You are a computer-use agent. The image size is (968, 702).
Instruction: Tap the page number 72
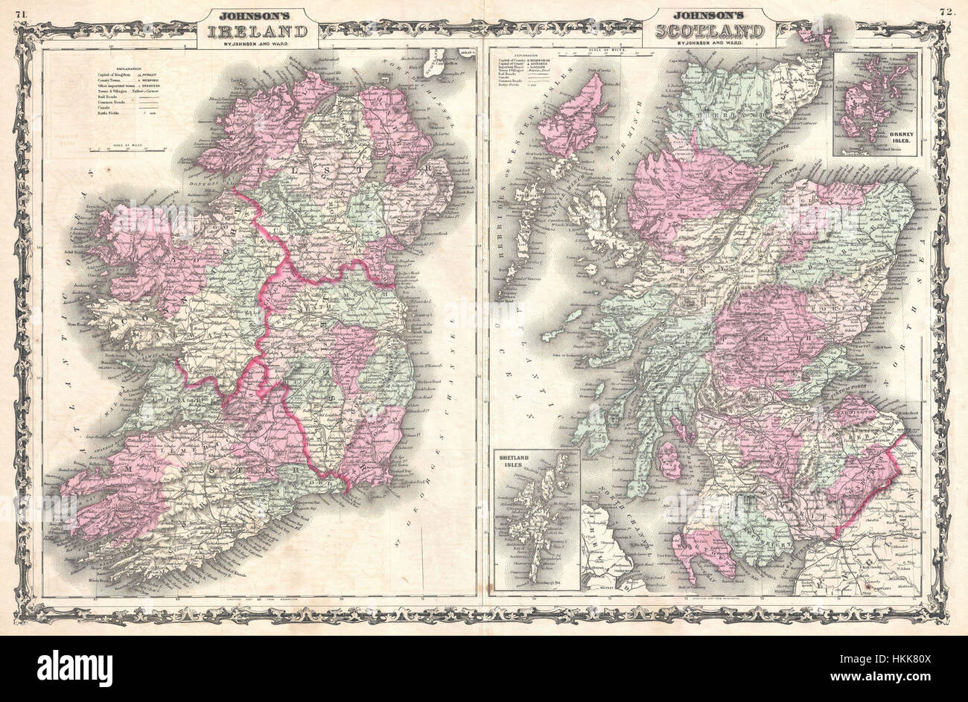tap(947, 10)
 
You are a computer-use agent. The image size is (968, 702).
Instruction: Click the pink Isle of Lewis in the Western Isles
tap(572, 115)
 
